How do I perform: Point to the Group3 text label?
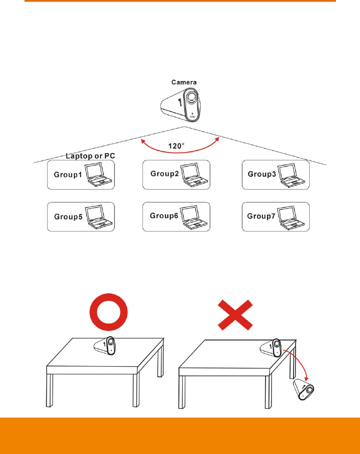(262, 174)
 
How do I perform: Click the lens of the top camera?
(190, 98)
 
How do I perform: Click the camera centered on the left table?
(105, 345)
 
